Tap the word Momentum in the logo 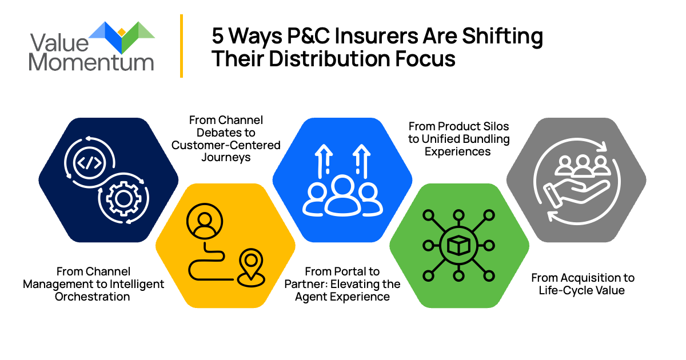[91, 62]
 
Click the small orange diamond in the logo [122, 31]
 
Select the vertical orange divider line [181, 46]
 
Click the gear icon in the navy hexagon [122, 199]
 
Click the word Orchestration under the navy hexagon [93, 297]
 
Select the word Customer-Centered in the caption [226, 145]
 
